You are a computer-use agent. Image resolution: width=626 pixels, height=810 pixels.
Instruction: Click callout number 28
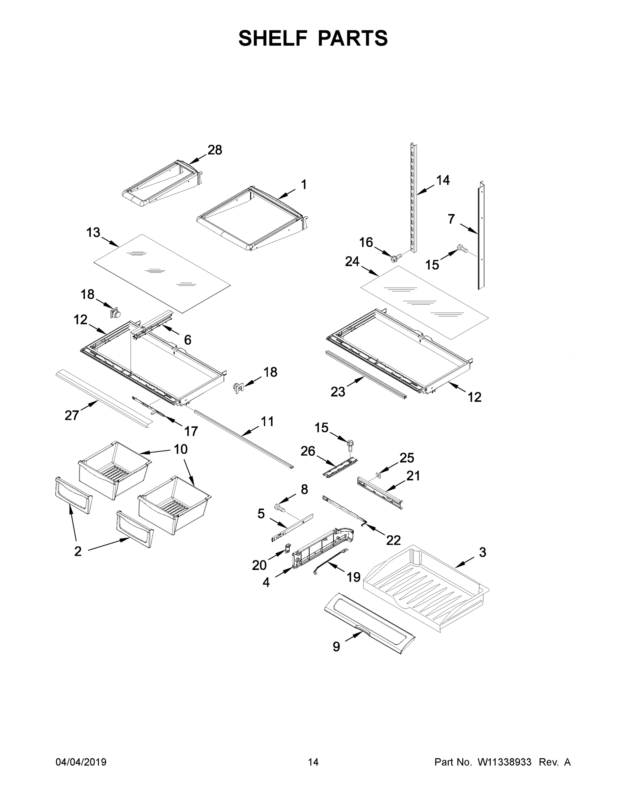[x=215, y=150]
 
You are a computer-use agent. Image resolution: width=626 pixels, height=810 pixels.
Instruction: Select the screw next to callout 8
[x=281, y=507]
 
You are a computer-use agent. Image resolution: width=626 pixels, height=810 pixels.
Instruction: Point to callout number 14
[x=443, y=181]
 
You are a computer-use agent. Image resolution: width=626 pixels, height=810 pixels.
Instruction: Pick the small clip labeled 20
[x=287, y=548]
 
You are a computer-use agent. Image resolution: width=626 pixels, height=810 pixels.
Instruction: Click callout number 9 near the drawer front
[x=336, y=647]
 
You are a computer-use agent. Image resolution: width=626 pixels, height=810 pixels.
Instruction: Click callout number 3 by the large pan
[x=482, y=552]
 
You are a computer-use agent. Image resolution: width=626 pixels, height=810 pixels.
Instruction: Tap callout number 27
[x=72, y=415]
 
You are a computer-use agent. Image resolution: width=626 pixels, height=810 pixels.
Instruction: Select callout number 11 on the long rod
[x=267, y=422]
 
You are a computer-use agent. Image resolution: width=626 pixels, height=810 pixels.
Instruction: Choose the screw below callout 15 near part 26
[x=350, y=443]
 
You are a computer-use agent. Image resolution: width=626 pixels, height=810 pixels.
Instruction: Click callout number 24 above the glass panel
[x=352, y=262]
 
